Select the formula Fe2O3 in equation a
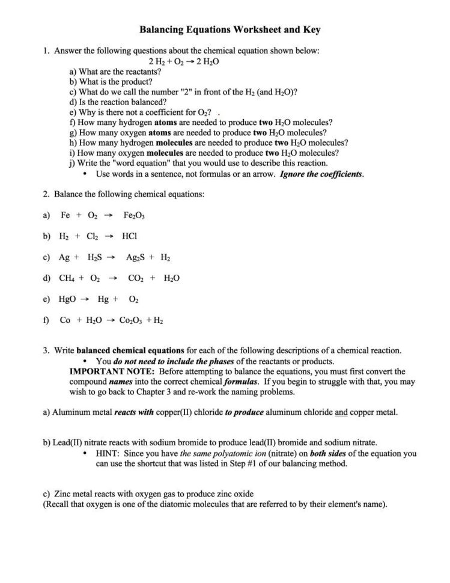(134, 215)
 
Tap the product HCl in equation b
(129, 236)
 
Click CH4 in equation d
(67, 278)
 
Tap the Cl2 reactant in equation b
(93, 236)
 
